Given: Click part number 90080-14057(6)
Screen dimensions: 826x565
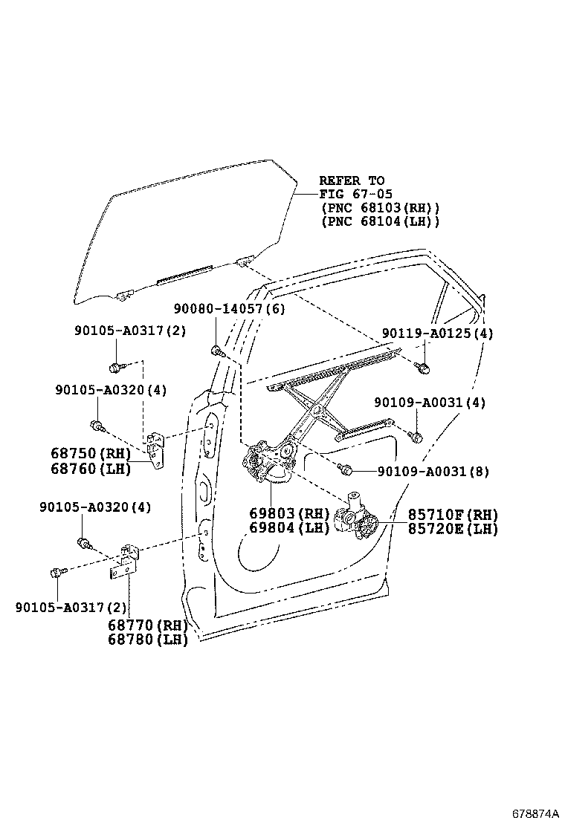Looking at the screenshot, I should pyautogui.click(x=230, y=309).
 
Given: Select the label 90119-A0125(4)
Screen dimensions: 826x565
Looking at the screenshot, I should pyautogui.click(x=437, y=334).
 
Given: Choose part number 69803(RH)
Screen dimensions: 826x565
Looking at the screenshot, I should pyautogui.click(x=288, y=514).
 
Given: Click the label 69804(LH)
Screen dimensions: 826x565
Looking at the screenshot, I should pyautogui.click(x=288, y=528).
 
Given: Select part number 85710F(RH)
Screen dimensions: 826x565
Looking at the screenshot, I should pyautogui.click(x=452, y=514).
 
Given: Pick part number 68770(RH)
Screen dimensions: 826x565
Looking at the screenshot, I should pyautogui.click(x=147, y=625).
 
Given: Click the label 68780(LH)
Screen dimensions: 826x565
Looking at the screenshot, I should pyautogui.click(x=147, y=639).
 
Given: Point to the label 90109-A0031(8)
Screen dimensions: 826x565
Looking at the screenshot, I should pyautogui.click(x=433, y=471).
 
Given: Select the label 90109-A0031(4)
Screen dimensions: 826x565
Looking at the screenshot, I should pyautogui.click(x=430, y=402).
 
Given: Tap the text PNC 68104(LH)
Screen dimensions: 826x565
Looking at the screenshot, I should pyautogui.click(x=379, y=221).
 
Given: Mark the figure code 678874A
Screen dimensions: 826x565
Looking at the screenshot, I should pyautogui.click(x=535, y=813).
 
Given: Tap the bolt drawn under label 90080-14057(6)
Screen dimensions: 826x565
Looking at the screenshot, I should pyautogui.click(x=216, y=350).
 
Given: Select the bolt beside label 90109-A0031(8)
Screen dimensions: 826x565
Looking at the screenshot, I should pyautogui.click(x=345, y=469).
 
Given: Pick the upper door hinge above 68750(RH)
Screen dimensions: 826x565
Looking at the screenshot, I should pyautogui.click(x=156, y=449).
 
